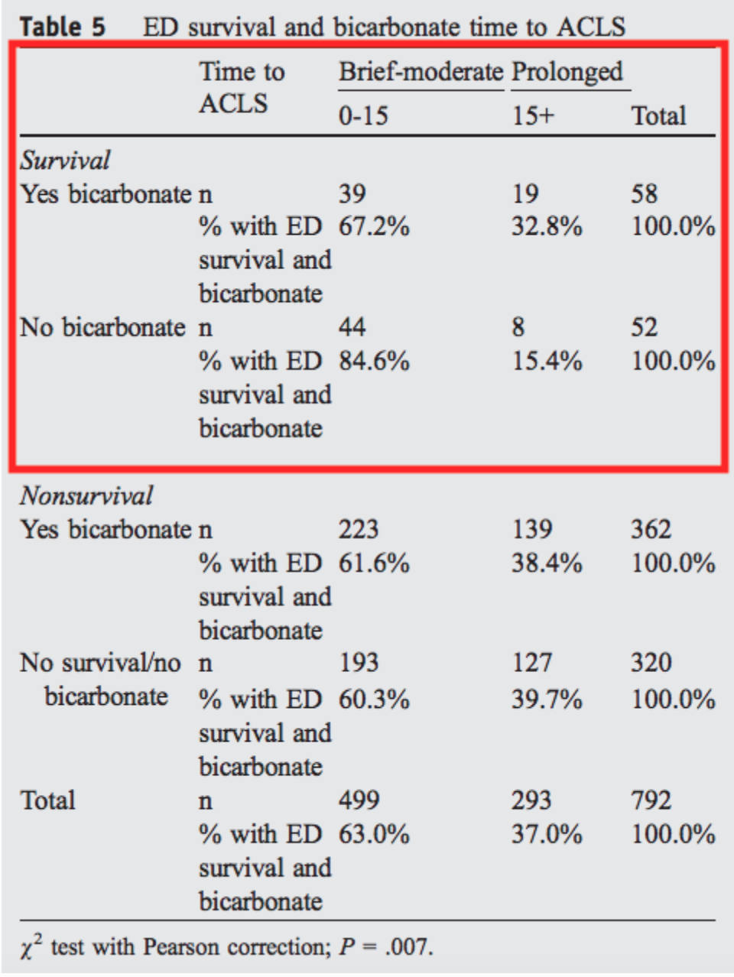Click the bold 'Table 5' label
point(63,27)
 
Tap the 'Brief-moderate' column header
point(421,71)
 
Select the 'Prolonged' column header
point(567,73)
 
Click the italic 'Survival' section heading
point(65,161)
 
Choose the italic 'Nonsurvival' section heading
point(86,495)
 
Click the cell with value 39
point(352,193)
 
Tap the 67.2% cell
point(374,226)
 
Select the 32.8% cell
point(547,226)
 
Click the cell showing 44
point(352,327)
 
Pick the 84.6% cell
point(374,361)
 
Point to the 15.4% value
point(547,361)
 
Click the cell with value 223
point(359,529)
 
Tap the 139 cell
point(532,529)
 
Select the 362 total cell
point(651,529)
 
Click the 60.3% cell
point(374,699)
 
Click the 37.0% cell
point(547,834)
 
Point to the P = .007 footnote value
point(386,947)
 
